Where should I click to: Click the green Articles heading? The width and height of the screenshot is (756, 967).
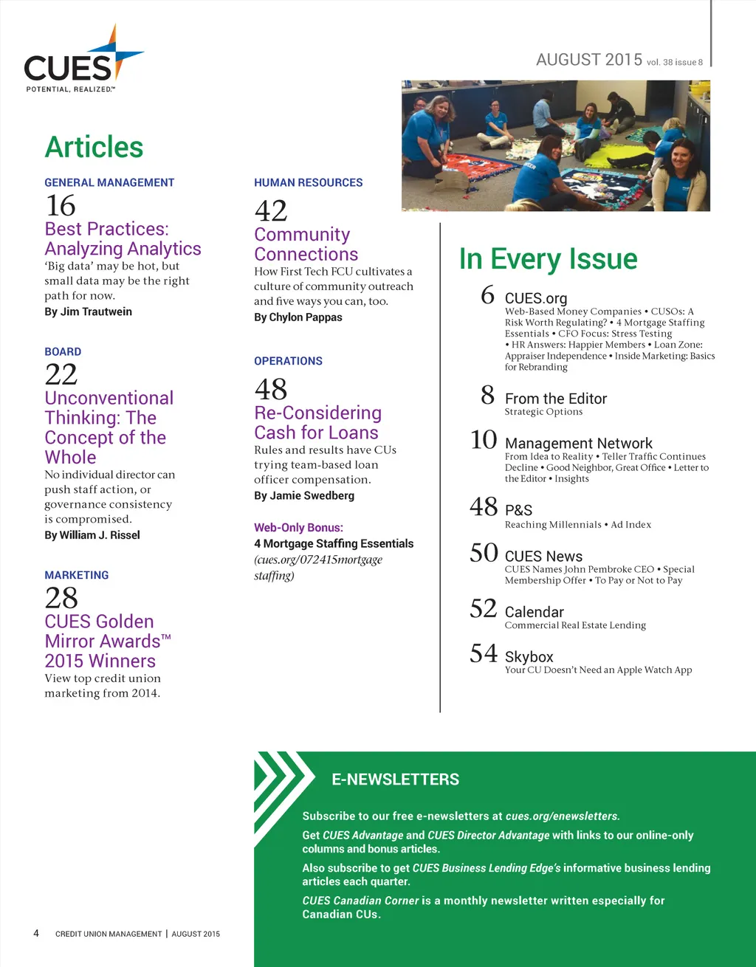coord(94,147)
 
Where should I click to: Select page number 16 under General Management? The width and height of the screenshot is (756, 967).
coord(61,205)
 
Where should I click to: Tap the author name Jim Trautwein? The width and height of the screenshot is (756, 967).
coord(88,312)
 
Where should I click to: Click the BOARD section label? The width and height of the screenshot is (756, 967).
coord(63,352)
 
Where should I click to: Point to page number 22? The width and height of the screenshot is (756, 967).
coord(61,375)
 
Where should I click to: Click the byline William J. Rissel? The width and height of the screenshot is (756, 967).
coord(92,535)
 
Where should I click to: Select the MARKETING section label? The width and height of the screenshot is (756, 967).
coord(76,575)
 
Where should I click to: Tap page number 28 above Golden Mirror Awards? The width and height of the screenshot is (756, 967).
coord(61,598)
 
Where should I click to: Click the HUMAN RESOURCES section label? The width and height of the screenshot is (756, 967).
coord(308,182)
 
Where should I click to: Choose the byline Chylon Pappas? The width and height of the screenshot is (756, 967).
coord(298,317)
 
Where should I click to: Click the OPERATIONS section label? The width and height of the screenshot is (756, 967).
coord(288,361)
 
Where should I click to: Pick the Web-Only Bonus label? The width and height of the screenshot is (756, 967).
coord(298,528)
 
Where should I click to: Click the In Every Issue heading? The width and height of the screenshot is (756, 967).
coord(548,259)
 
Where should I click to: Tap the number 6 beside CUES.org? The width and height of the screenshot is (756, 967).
coord(487,295)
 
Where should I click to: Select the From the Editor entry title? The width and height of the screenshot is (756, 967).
coord(555,399)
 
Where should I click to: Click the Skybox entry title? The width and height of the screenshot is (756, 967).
coord(529,657)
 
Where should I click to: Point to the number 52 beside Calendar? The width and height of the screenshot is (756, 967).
coord(484,609)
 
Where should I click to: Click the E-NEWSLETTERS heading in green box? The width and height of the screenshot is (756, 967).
coord(395,780)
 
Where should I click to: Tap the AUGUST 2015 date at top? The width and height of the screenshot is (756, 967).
coord(589,60)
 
